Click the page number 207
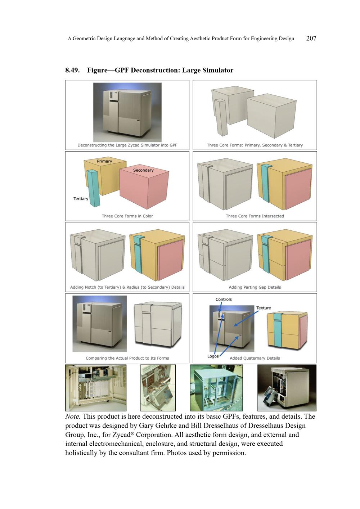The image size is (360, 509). pos(311,38)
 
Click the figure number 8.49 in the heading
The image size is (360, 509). pos(72,70)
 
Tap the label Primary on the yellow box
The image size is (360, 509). pos(104,161)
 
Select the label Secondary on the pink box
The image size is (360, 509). pos(143,170)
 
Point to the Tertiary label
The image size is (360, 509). pos(81,199)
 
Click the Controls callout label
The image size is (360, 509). pos(224,299)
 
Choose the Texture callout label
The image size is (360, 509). pos(264,308)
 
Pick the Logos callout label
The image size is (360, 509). pos(213,356)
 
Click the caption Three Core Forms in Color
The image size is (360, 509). pos(127,216)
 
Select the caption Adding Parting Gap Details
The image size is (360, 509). pos(255,287)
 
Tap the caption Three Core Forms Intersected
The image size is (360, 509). pos(255,216)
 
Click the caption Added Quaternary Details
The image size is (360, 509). pos(255,358)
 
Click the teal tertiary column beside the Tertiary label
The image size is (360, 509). pos(93,188)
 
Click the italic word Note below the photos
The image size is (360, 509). pos(72,416)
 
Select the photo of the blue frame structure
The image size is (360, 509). pos(216,388)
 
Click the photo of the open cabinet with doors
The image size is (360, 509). pos(96,388)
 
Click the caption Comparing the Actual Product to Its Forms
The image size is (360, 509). pos(127,358)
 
